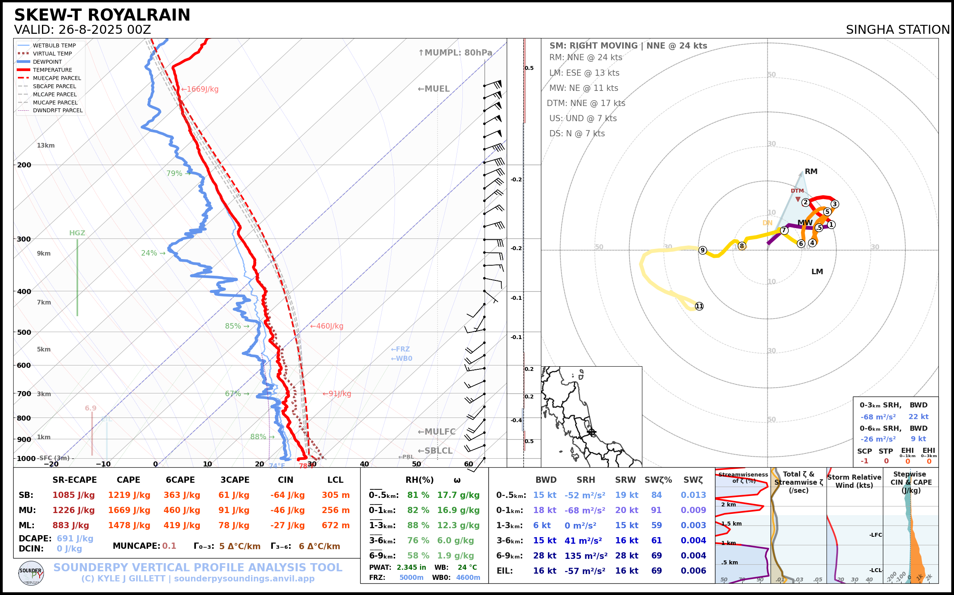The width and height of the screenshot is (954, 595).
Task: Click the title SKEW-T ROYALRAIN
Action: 102,15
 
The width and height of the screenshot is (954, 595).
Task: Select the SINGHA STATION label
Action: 898,30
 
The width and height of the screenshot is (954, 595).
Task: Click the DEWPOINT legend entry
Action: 47,62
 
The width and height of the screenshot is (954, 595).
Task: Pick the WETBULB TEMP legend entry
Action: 54,46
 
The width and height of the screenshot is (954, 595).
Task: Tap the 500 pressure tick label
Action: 24,332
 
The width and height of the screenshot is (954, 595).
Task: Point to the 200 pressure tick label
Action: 24,165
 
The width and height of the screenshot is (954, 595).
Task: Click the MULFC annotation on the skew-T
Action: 437,432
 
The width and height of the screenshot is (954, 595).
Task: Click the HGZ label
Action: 77,233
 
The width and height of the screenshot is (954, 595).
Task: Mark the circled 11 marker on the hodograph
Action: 699,306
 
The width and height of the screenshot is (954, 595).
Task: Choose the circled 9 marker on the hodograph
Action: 703,250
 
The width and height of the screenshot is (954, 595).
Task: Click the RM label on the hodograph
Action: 811,172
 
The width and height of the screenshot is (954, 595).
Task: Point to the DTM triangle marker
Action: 798,200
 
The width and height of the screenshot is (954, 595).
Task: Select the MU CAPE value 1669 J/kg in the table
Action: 129,510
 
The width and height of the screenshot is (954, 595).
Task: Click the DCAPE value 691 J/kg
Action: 75,538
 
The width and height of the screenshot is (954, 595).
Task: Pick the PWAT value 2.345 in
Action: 411,567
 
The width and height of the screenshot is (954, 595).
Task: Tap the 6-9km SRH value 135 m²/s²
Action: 586,556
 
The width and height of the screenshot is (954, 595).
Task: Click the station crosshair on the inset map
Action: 591,432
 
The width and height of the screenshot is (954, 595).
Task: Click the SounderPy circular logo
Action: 31,573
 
